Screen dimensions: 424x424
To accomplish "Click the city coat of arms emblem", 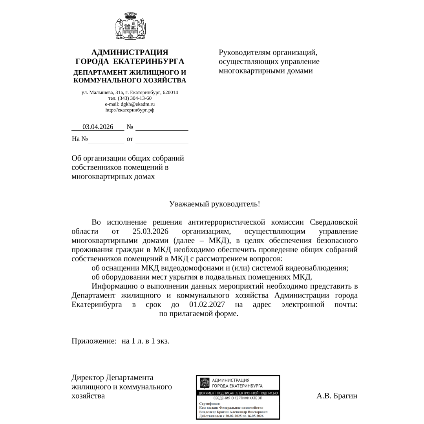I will pos(130,26).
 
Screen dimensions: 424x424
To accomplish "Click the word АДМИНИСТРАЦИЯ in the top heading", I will pos(130,52).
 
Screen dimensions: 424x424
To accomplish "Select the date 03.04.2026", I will pos(98,127).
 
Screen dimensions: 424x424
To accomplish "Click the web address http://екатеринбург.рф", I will pos(130,110).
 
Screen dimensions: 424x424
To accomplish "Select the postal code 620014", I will pos(170,92).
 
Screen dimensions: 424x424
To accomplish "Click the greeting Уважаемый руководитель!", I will pos(214,204).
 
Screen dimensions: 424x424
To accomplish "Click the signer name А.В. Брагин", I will pos(337,396).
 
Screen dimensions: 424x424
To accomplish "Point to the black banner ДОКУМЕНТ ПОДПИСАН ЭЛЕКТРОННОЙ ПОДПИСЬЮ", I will pos(238,393).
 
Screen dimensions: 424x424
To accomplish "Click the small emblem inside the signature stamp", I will pos(205,382).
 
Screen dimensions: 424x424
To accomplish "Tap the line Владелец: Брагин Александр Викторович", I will pos(233,412).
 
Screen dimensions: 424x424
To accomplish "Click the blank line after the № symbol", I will pos(162,127).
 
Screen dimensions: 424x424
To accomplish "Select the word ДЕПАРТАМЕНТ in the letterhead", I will pos(100,73).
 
